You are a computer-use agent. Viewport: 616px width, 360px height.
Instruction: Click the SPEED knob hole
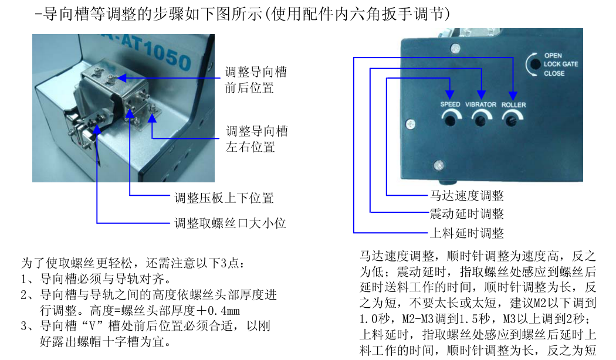click(451, 121)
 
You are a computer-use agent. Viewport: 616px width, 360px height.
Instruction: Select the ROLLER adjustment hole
click(512, 121)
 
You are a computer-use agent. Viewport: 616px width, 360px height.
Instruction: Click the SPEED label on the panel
click(451, 105)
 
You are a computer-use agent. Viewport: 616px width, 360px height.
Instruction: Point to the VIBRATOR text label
click(480, 105)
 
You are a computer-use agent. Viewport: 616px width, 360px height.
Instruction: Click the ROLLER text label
click(514, 105)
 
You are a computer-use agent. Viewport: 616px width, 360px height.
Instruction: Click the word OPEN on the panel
click(553, 56)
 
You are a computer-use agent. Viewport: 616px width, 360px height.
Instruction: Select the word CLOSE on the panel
click(554, 73)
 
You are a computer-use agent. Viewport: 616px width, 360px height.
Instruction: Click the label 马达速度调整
click(466, 195)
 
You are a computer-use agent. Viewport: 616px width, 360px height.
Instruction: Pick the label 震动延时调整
click(466, 214)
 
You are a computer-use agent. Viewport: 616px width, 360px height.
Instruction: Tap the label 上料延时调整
click(466, 233)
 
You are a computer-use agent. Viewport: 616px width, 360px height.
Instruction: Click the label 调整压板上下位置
click(224, 198)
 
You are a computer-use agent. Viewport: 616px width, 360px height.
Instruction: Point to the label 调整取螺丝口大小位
click(231, 223)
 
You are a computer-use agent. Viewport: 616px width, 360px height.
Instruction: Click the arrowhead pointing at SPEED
click(451, 94)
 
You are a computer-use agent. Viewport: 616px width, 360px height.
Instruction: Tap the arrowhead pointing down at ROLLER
click(513, 94)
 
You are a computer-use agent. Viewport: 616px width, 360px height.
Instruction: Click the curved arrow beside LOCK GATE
click(533, 64)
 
